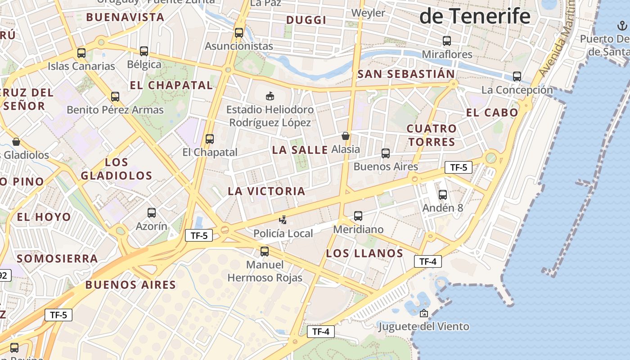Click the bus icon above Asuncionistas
pos(239,33)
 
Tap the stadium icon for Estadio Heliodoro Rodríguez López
pos(270,96)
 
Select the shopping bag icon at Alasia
pos(346,136)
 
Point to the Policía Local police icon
pos(283,220)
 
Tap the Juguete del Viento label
pos(424,326)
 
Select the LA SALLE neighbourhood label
pos(300,150)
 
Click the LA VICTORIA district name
pos(266,191)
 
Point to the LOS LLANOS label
pos(364,253)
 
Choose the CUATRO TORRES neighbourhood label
pos(432,135)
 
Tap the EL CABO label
pos(492,112)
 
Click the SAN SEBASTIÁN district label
pos(406,74)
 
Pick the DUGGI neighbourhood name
pos(306,20)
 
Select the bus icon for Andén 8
pos(443,195)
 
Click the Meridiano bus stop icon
pos(358,216)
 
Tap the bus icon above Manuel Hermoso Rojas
pos(265,252)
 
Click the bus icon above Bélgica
pos(144,51)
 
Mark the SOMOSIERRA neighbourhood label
pos(57,258)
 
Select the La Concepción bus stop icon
pos(517,76)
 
